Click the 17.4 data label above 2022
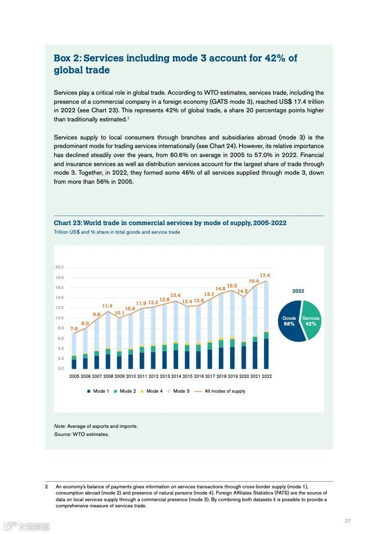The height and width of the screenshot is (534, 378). [x=265, y=276]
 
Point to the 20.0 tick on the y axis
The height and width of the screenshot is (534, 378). [x=60, y=267]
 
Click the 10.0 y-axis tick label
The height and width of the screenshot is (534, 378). [x=60, y=318]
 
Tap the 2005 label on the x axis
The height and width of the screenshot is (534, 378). [x=74, y=376]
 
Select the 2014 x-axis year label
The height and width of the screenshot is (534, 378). [x=176, y=376]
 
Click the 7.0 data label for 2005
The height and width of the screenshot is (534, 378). [x=74, y=328]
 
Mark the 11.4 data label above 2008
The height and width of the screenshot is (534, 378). [x=108, y=306]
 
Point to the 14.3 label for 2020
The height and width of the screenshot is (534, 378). [x=243, y=291]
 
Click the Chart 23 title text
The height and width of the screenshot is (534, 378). [x=170, y=223]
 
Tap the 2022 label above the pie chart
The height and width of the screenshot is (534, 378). [x=298, y=291]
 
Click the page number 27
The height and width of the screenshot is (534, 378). [x=347, y=521]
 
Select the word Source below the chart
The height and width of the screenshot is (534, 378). [x=62, y=434]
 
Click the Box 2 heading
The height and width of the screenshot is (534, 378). [x=175, y=64]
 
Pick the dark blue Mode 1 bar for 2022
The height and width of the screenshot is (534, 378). [x=266, y=354]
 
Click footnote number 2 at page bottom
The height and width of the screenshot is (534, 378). [x=46, y=487]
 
